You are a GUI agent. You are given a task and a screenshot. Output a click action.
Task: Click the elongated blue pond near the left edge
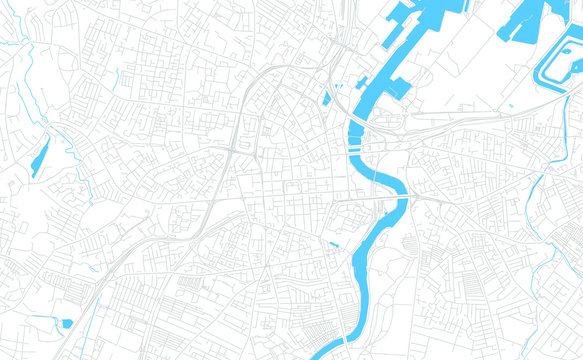40,156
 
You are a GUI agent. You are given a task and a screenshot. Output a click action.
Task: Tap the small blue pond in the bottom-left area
66,323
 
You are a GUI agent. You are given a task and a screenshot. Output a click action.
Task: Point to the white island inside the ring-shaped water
560,61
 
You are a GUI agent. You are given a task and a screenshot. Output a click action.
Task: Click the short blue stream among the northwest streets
117,79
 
